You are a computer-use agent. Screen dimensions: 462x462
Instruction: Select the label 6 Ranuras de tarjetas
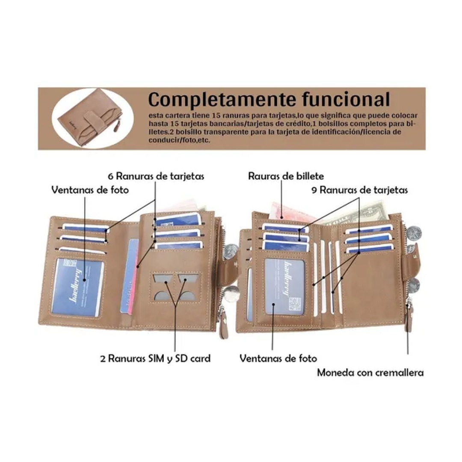[156, 176]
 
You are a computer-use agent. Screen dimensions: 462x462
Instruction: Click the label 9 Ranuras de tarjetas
[359, 190]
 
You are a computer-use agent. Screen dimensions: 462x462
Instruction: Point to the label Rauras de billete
[286, 176]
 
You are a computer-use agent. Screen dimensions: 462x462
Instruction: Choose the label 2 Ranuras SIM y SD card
[155, 358]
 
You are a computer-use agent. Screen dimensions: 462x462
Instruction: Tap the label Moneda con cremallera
[370, 372]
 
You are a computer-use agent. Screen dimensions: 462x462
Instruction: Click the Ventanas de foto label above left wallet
[90, 190]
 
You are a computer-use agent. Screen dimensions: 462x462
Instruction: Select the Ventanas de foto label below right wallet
[278, 358]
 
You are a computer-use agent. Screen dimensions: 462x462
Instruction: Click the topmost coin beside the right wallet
[414, 234]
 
